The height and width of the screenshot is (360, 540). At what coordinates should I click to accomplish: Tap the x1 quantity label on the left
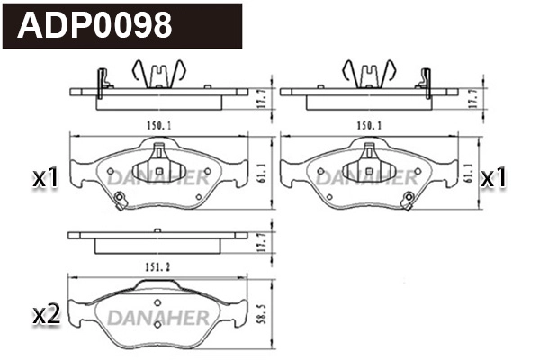45,179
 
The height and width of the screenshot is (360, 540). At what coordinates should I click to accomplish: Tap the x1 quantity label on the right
493,179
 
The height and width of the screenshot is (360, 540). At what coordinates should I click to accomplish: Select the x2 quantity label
45,315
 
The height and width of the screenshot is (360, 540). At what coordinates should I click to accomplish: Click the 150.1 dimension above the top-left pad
158,126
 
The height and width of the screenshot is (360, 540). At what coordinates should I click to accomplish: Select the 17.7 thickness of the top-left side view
260,98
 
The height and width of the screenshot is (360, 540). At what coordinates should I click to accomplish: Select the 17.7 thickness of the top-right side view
471,98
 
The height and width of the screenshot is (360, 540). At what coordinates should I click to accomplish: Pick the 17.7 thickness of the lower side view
260,242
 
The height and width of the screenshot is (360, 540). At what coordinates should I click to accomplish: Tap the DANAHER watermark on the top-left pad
157,177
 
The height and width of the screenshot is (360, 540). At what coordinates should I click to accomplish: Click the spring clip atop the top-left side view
158,72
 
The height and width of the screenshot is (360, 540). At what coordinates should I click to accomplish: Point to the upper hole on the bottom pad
157,301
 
